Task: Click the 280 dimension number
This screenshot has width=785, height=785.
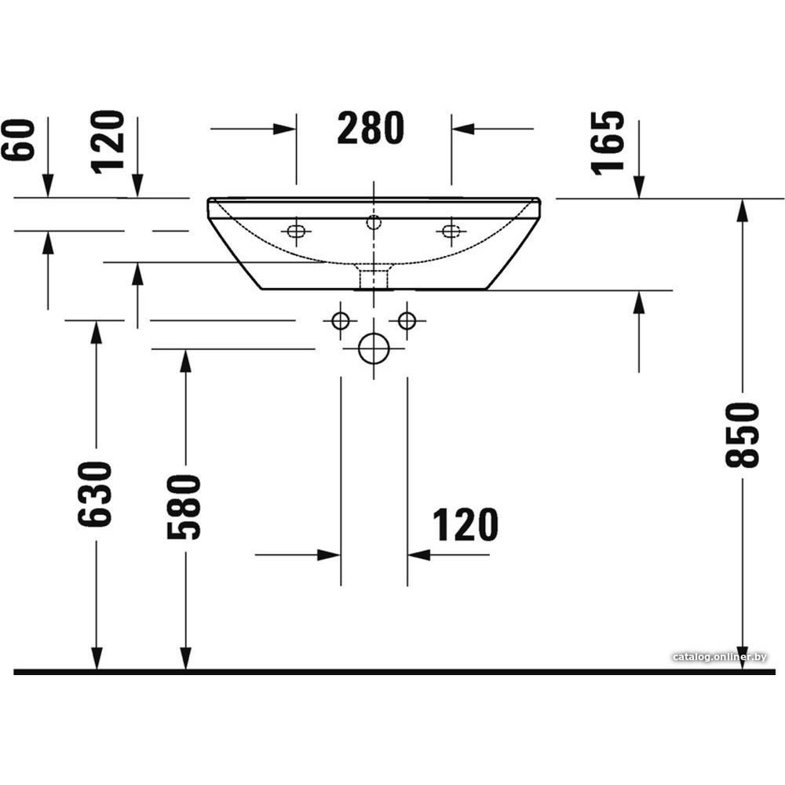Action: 371,128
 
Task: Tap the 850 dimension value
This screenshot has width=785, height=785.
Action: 743,435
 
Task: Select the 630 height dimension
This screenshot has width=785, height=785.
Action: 95,494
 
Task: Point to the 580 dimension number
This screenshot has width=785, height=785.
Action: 184,507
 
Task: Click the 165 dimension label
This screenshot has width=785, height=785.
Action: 608,143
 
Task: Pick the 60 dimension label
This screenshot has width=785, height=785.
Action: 19,140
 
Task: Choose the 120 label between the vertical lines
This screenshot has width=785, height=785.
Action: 465,524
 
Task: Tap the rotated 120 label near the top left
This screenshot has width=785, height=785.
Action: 108,141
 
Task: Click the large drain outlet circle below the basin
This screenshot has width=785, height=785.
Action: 374,349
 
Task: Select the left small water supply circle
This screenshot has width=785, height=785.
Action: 341,320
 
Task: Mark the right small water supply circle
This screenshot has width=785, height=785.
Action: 407,320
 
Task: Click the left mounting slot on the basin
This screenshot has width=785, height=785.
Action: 296,231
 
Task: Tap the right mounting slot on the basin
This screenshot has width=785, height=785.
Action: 451,231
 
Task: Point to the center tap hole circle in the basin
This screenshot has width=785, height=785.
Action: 374,222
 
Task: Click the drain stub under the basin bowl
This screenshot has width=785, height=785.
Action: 374,277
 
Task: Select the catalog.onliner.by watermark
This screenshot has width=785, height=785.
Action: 720,657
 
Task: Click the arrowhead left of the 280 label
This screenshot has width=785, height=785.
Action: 284,129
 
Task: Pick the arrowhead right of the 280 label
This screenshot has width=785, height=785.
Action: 463,129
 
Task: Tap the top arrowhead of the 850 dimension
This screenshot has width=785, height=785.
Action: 743,210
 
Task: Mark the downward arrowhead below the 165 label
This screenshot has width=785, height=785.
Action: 639,188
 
